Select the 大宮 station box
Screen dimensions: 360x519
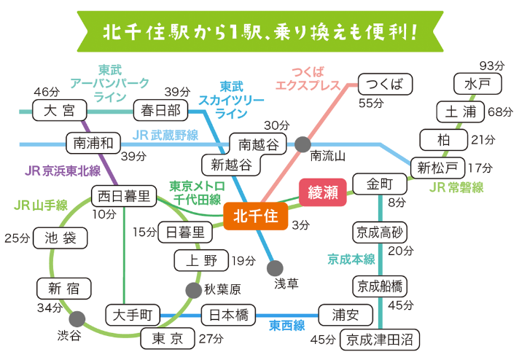coord(59,111)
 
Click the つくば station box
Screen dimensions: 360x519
coord(384,84)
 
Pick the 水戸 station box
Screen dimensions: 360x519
coord(472,84)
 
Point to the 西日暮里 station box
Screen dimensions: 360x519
coord(124,196)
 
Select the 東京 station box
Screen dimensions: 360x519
coord(167,339)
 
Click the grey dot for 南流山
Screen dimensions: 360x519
coord(302,144)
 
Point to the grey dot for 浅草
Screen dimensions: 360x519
coord(275,267)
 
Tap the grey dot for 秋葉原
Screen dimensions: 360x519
coord(192,289)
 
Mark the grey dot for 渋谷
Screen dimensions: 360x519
coord(77,318)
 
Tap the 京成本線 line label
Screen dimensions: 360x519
coord(351,259)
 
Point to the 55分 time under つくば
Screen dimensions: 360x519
coord(370,102)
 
